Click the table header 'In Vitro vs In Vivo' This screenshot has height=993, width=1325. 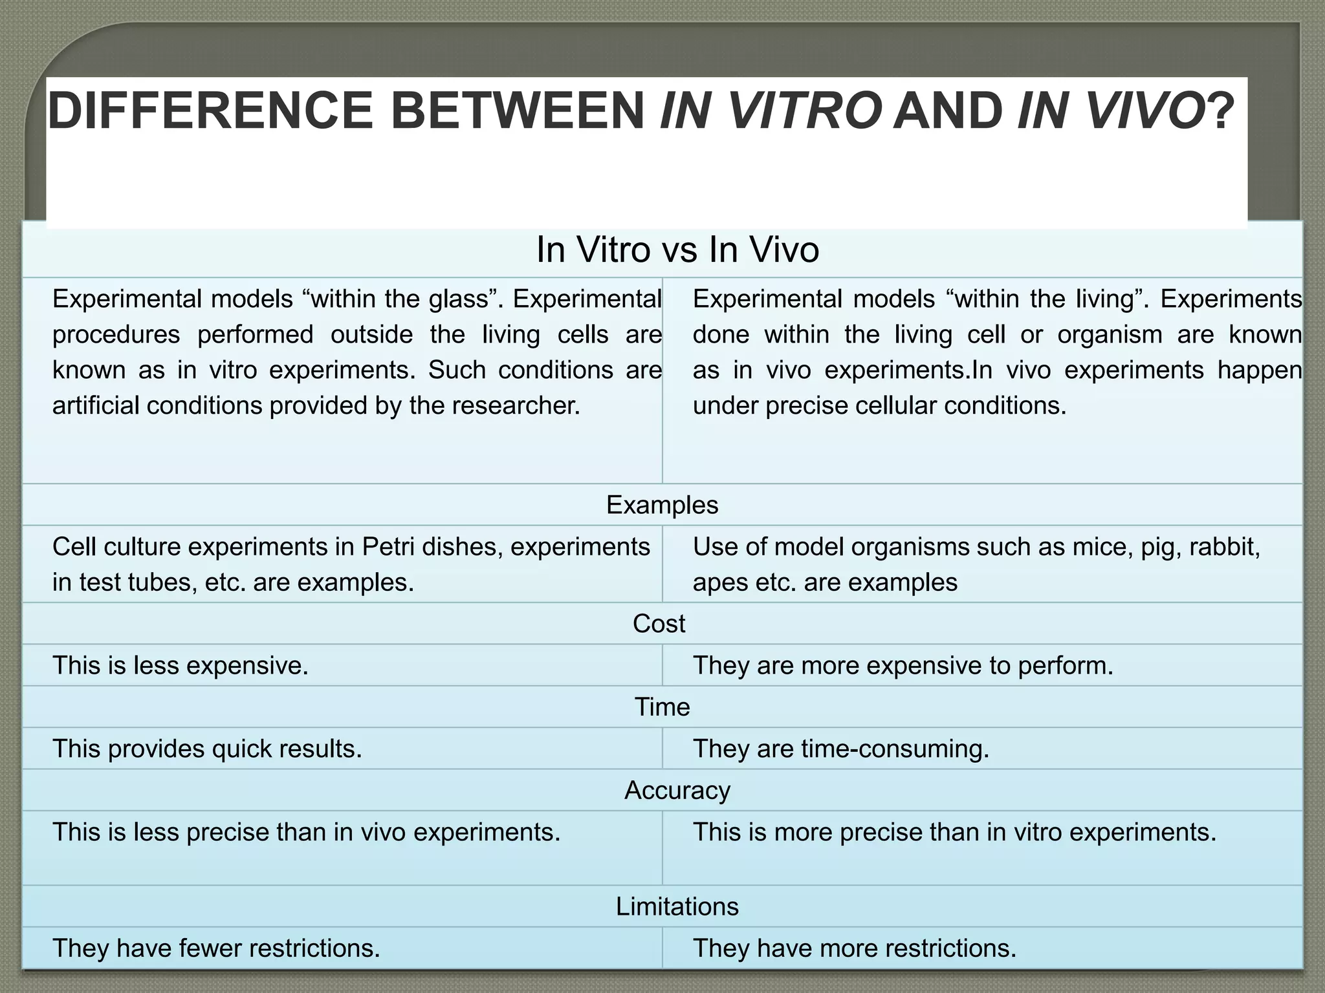(x=677, y=250)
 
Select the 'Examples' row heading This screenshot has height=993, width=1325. (x=662, y=505)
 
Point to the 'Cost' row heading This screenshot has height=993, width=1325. (x=659, y=624)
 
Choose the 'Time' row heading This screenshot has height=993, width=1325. (x=662, y=707)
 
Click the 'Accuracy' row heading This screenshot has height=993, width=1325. (x=677, y=791)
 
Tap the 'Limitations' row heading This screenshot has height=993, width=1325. (x=677, y=906)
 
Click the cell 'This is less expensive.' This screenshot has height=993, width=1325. (x=181, y=666)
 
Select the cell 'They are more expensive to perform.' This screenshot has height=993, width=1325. (x=903, y=666)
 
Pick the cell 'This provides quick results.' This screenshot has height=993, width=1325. (x=207, y=749)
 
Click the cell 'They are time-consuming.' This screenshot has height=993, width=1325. (x=841, y=749)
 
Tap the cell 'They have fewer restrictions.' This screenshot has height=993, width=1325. (x=216, y=948)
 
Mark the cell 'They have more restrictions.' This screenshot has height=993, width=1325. (x=855, y=948)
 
